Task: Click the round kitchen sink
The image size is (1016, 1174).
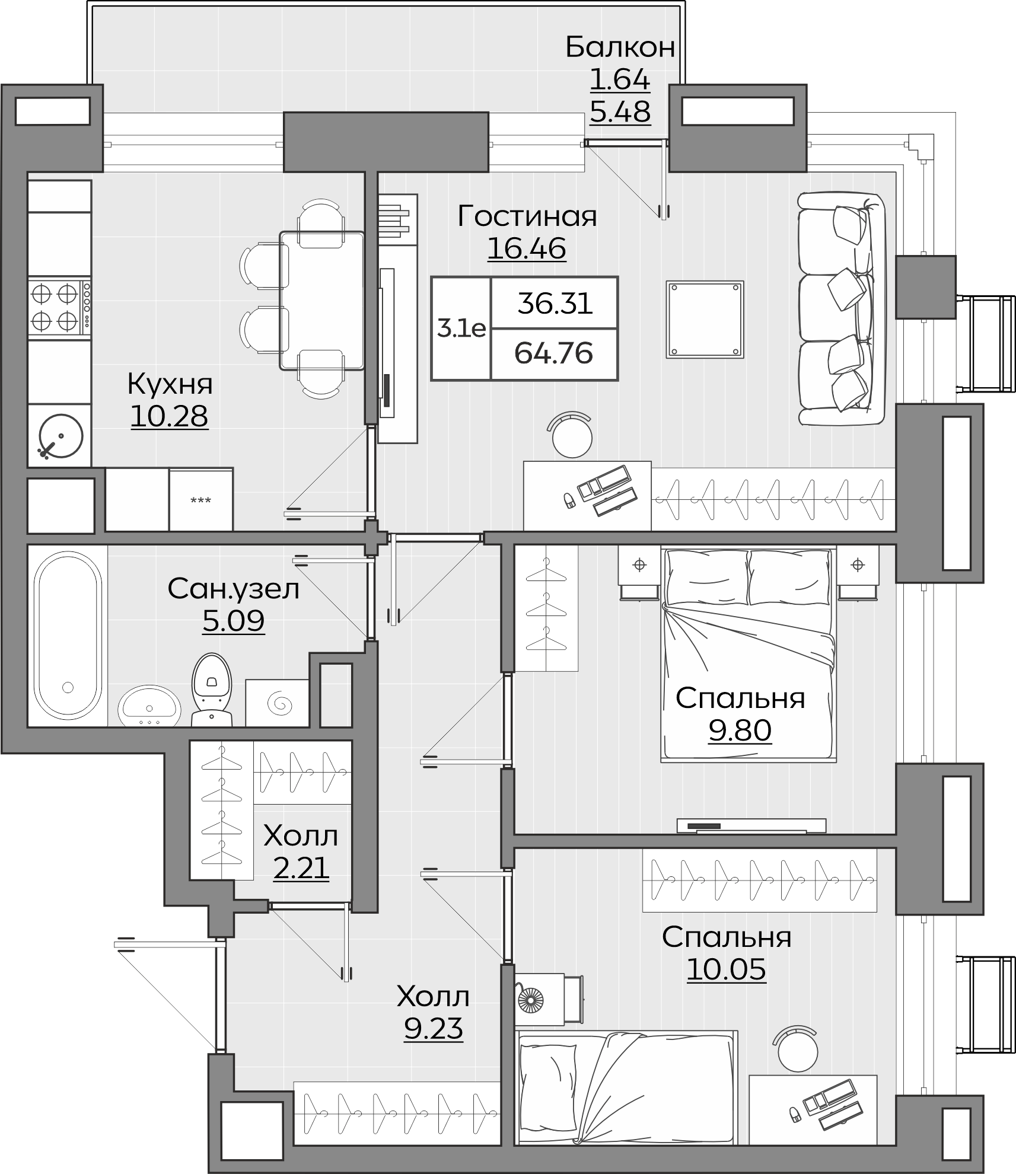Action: coord(60,436)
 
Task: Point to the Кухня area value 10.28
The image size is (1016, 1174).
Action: coord(169,416)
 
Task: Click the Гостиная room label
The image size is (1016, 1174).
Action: coord(527,216)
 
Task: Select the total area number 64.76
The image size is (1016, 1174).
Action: coord(553,354)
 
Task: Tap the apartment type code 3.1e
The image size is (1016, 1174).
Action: coord(461,328)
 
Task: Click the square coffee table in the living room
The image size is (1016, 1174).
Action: coord(705,320)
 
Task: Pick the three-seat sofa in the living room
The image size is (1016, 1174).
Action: coord(842,309)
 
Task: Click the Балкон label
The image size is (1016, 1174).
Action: coord(620,47)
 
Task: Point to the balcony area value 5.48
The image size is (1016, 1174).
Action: coord(620,111)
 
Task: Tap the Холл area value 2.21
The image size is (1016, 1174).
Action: coord(301,869)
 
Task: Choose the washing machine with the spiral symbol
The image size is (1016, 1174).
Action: coord(278,703)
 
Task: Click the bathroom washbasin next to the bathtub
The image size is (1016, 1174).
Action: coord(149,706)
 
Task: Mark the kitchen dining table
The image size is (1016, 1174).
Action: coord(322,301)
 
